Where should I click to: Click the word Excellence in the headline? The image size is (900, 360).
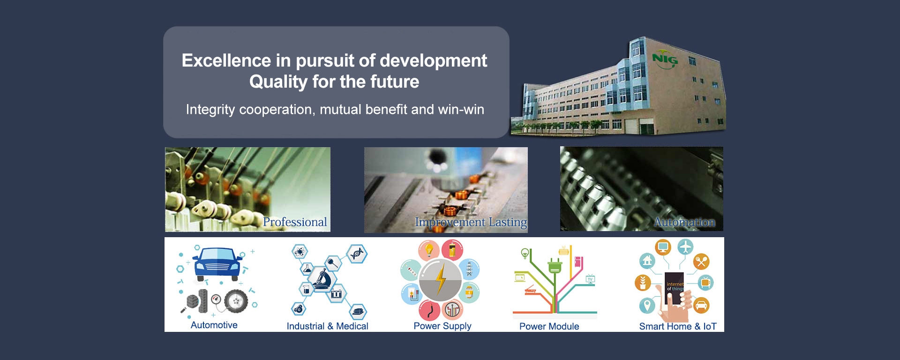[226, 60]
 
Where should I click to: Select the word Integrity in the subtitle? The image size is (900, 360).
[210, 110]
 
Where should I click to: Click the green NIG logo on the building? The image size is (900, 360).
[665, 60]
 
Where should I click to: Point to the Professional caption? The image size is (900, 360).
[295, 222]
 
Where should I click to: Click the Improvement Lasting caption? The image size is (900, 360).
[471, 222]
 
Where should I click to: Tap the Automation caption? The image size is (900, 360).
[684, 222]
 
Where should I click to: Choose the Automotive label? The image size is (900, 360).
[214, 325]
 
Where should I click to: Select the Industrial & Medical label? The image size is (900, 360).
[328, 326]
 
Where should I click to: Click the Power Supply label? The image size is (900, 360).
[442, 326]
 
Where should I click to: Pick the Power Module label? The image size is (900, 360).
[549, 326]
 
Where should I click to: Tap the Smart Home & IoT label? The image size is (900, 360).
[678, 326]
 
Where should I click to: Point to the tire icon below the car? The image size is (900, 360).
[236, 301]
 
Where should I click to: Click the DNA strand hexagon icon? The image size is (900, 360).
[357, 254]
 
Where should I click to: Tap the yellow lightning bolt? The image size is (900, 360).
[441, 280]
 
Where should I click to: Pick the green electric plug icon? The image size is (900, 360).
[555, 265]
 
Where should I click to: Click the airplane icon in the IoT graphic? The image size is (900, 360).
[685, 247]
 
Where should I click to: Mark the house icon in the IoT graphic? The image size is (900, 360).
[648, 260]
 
